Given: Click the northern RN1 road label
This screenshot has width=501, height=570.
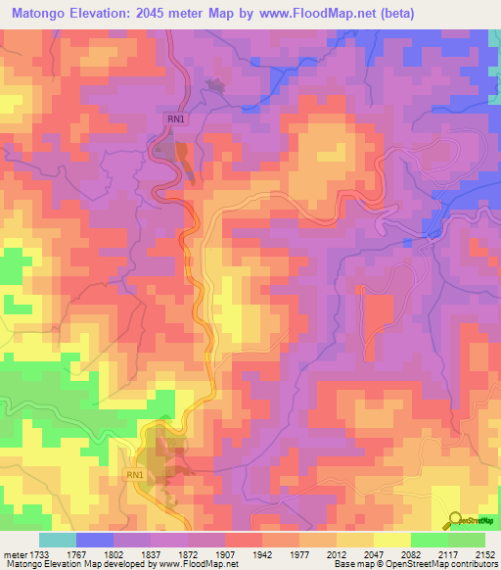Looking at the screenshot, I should click(x=176, y=119).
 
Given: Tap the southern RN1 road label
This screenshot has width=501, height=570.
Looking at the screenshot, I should click(x=134, y=475).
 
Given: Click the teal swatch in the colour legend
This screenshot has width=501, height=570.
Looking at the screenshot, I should click(x=58, y=540).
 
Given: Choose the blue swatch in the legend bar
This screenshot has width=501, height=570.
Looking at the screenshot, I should click(x=95, y=540).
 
